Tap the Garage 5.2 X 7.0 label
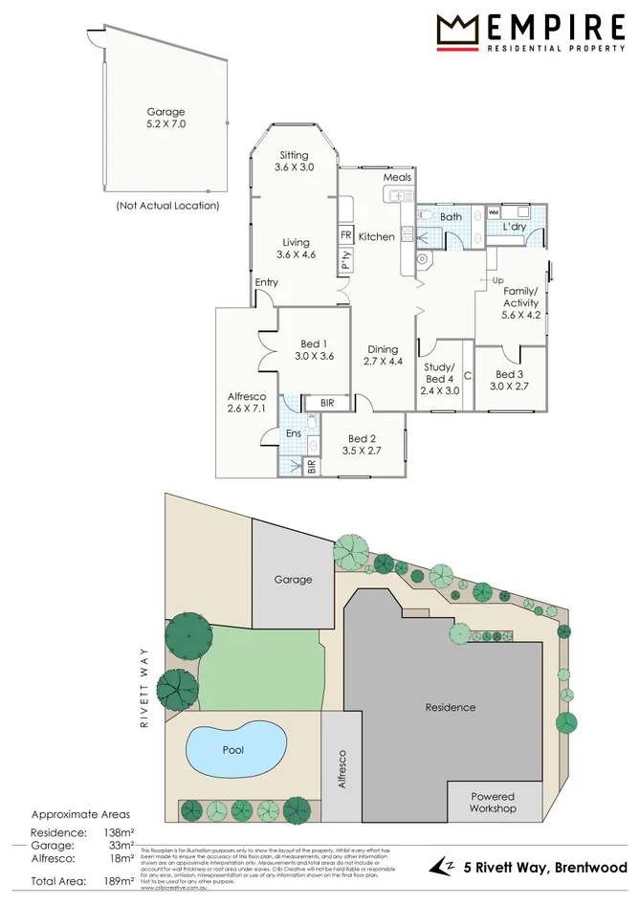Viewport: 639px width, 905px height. coord(165,118)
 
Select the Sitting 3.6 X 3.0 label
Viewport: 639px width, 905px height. coord(294,161)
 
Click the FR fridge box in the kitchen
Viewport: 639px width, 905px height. coord(344,234)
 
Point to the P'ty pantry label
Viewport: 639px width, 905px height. coord(344,260)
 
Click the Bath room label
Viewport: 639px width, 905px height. coord(451,217)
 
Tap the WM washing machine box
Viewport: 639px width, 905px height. coord(495,211)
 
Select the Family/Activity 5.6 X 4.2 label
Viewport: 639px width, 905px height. coord(520,302)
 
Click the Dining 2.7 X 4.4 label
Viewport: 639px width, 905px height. coord(383,355)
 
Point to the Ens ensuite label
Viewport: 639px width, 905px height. coord(294,433)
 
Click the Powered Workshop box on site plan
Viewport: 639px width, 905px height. coord(492,802)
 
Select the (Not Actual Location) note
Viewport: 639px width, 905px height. coord(167,205)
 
